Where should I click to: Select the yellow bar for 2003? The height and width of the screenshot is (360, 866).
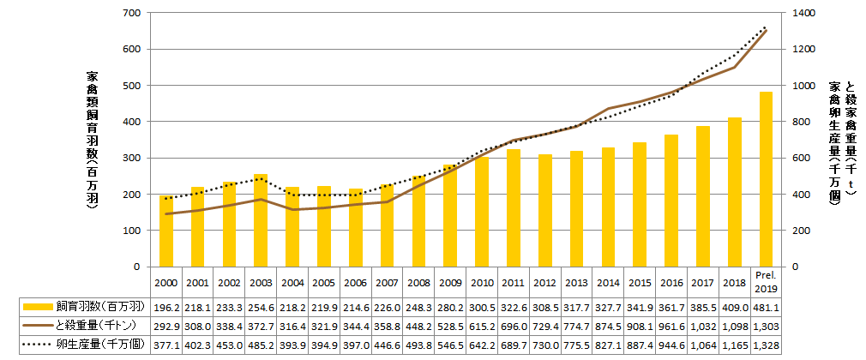[261, 220]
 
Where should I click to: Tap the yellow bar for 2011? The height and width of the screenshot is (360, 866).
[513, 208]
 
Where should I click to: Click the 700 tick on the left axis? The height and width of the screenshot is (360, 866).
[132, 14]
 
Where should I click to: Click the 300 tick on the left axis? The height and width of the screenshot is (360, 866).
[132, 159]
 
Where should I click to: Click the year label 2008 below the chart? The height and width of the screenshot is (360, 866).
[418, 283]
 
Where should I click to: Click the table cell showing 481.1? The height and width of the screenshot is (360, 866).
[766, 306]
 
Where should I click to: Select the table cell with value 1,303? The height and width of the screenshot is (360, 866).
[766, 327]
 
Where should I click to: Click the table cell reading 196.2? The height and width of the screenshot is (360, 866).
[165, 306]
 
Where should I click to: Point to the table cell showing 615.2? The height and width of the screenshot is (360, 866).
[482, 327]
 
